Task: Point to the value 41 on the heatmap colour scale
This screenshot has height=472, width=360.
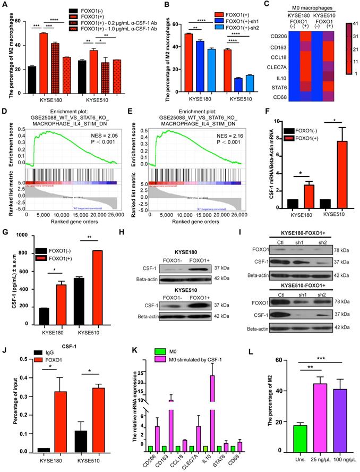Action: pyautogui.click(x=354, y=24)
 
